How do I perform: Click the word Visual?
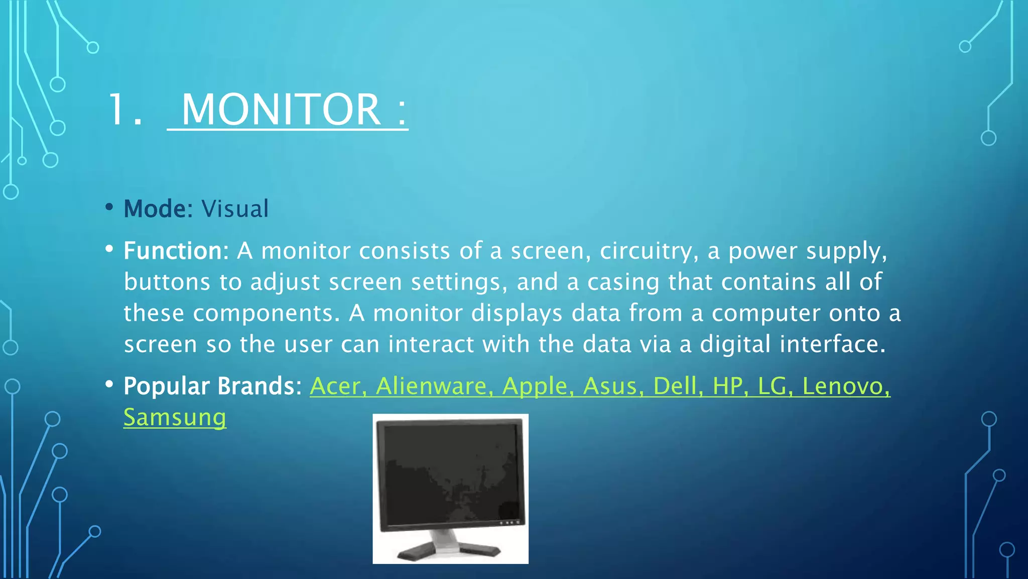[235, 209]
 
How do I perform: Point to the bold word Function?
[172, 251]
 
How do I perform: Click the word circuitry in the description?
[645, 251]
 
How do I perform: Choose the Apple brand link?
[535, 386]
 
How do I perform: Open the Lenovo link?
[843, 386]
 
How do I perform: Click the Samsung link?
[175, 418]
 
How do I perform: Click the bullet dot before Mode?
[109, 207]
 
